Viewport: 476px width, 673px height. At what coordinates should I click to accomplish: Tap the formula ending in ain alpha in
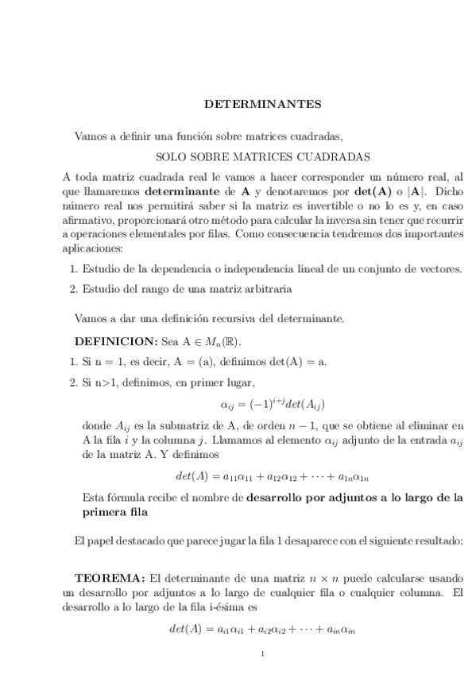click(262, 629)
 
